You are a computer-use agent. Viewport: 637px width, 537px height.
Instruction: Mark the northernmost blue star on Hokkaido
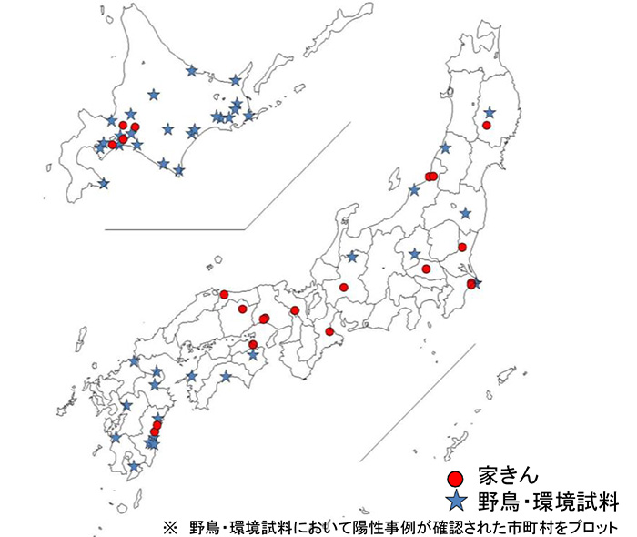tap(191, 70)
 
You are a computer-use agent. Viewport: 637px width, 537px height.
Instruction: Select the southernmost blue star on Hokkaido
tap(104, 183)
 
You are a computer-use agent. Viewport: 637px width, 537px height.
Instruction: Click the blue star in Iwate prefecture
tap(490, 112)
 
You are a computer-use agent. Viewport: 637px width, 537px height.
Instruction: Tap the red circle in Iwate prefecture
tap(487, 125)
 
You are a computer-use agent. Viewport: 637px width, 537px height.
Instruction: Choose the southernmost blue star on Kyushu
tap(135, 467)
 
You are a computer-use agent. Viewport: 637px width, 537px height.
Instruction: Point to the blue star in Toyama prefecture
tap(352, 257)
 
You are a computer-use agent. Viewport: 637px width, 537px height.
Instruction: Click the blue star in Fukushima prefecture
tap(465, 213)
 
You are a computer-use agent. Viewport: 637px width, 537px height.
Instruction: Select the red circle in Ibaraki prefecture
tap(462, 247)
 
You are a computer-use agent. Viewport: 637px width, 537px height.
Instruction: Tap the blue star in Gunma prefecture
tap(414, 254)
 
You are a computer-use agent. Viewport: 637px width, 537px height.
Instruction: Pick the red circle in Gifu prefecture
tap(344, 287)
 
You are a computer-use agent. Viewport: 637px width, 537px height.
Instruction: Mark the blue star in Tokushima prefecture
tap(253, 355)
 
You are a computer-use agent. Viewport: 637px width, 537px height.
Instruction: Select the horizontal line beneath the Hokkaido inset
tap(173, 229)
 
